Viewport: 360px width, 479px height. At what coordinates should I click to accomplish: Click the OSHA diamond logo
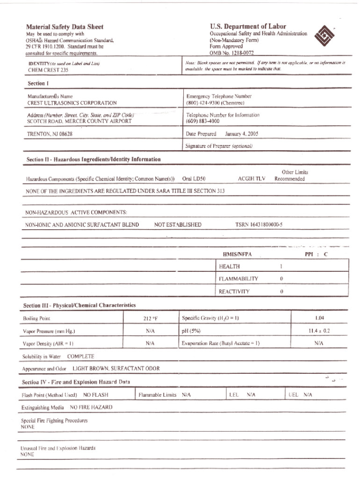pyautogui.click(x=324, y=36)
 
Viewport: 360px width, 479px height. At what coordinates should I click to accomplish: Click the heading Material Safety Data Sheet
pyautogui.click(x=65, y=27)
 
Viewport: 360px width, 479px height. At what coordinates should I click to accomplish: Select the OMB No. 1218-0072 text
pyautogui.click(x=231, y=53)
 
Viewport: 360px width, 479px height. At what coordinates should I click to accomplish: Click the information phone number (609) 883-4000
pyautogui.click(x=203, y=121)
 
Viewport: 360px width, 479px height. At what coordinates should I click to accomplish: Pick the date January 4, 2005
pyautogui.click(x=241, y=133)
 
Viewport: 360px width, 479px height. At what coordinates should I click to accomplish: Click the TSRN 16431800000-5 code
pyautogui.click(x=259, y=225)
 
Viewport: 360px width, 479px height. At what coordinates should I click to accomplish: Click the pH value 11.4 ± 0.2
pyautogui.click(x=320, y=330)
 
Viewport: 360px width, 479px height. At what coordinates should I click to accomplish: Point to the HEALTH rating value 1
pyautogui.click(x=281, y=266)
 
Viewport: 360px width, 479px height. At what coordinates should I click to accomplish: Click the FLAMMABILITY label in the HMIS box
pyautogui.click(x=238, y=278)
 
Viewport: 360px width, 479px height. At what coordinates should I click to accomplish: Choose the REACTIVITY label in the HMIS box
pyautogui.click(x=234, y=291)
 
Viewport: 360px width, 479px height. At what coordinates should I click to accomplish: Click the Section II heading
pyautogui.click(x=94, y=160)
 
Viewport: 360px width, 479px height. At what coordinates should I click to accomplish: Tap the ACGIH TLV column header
pyautogui.click(x=252, y=179)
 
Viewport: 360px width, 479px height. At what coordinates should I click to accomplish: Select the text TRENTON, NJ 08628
pyautogui.click(x=50, y=134)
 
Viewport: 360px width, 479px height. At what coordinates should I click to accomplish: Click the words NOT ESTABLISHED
pyautogui.click(x=178, y=225)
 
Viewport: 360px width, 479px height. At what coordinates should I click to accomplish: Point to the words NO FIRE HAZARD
pyautogui.click(x=91, y=407)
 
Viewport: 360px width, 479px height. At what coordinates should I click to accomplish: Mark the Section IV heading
pyautogui.click(x=76, y=382)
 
